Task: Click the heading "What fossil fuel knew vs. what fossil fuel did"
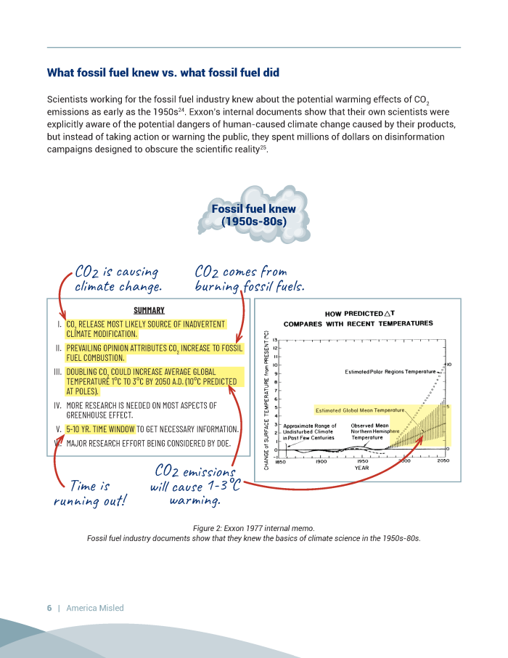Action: pos(163,73)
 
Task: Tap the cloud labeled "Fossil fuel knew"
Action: pos(253,215)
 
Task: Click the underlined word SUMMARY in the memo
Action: pos(149,310)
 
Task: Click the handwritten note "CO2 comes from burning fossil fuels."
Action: pos(249,279)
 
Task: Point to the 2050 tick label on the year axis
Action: pos(443,461)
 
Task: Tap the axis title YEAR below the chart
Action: pos(361,468)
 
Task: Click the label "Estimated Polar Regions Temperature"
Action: pos(390,372)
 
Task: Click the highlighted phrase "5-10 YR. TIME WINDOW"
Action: pos(100,428)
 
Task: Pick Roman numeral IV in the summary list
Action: pos(57,405)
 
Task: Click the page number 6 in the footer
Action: pos(49,608)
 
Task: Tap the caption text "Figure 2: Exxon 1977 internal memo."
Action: pos(253,528)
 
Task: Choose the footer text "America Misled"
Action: pos(95,608)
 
